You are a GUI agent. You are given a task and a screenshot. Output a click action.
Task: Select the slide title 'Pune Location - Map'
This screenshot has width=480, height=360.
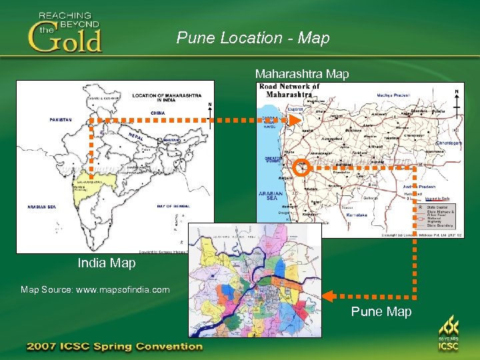pyautogui.click(x=253, y=38)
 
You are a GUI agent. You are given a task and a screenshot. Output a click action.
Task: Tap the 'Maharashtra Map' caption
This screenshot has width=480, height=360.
pyautogui.click(x=301, y=74)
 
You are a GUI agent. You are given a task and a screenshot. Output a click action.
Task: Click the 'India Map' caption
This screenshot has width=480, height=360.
pyautogui.click(x=107, y=263)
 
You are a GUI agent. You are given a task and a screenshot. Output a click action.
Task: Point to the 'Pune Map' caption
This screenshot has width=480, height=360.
pyautogui.click(x=381, y=311)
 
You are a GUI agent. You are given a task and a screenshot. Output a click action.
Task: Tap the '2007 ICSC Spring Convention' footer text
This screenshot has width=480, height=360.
pyautogui.click(x=114, y=346)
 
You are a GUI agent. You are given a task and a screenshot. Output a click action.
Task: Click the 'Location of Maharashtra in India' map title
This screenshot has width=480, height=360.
pyautogui.click(x=166, y=97)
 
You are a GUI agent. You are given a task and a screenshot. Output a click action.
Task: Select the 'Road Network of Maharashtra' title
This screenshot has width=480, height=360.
pyautogui.click(x=289, y=90)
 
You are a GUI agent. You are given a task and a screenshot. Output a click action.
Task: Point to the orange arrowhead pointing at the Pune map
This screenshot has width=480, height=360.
pyautogui.click(x=329, y=293)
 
